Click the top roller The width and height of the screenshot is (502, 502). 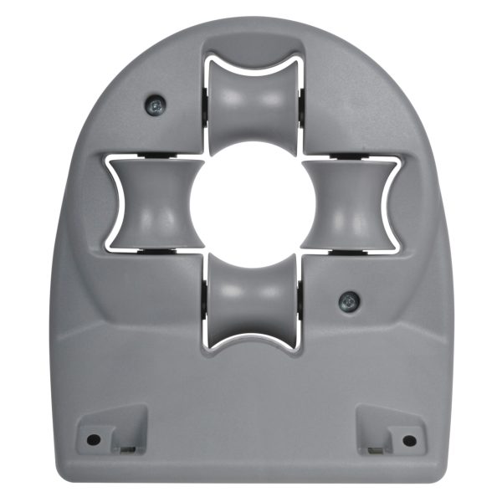[252, 99]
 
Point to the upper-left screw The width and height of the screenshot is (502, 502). [156, 105]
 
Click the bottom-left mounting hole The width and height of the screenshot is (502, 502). [94, 439]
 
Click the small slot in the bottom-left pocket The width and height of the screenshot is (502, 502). [128, 449]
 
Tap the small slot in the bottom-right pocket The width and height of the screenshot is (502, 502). [375, 449]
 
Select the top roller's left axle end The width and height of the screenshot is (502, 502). [205, 99]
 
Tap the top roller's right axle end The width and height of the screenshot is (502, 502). [299, 99]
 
